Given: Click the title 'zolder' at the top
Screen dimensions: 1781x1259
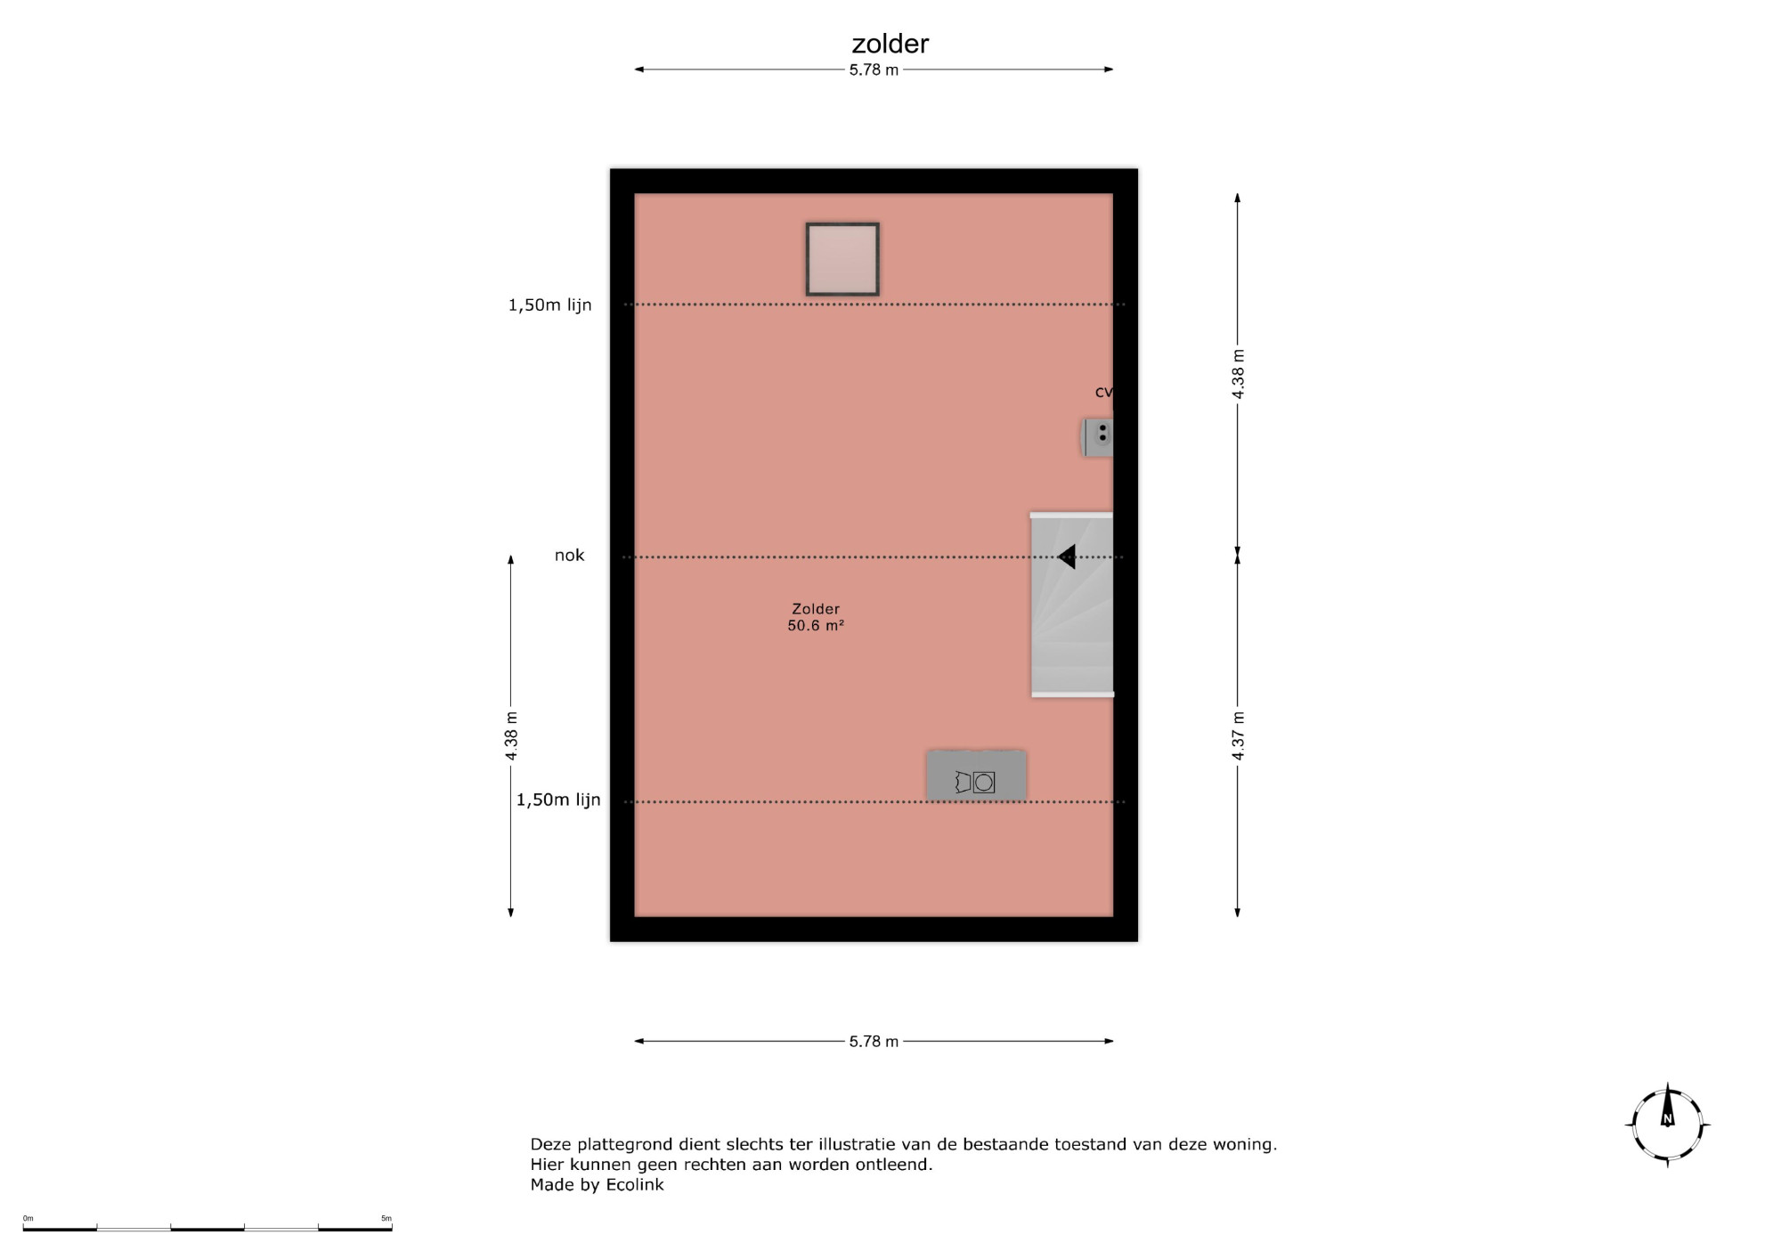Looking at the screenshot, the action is (890, 44).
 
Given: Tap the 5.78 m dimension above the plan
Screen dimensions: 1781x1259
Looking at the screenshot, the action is (874, 69).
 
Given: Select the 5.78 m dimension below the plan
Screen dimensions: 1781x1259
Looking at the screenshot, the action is (874, 1041).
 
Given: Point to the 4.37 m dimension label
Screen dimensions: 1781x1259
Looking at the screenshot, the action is (1238, 735).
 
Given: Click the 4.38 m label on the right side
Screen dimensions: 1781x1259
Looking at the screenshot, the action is (1238, 374).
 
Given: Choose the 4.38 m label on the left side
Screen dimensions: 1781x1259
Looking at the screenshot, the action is (511, 735).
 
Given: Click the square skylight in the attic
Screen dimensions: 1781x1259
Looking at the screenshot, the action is (842, 259).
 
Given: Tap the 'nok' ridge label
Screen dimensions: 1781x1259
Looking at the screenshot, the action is (569, 556).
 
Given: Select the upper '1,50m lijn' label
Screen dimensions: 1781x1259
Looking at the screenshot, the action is (549, 305).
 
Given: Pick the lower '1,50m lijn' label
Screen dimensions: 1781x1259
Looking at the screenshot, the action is (558, 800).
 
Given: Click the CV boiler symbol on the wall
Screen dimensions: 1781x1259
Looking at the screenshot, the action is (1097, 437).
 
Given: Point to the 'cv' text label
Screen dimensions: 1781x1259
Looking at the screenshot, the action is (1103, 392).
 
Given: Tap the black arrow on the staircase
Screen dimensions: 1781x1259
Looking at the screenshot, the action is (1066, 556).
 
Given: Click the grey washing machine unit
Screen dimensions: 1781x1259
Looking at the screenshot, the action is (976, 776).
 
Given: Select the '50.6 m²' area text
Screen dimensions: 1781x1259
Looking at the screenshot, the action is (816, 626).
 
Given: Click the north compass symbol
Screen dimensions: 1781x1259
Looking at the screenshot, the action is (1667, 1125).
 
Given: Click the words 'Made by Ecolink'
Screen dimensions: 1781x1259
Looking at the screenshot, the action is (597, 1185).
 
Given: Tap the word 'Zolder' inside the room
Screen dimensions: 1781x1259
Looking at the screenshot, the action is (816, 609).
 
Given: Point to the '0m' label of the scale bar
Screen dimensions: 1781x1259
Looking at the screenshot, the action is (28, 1218).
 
